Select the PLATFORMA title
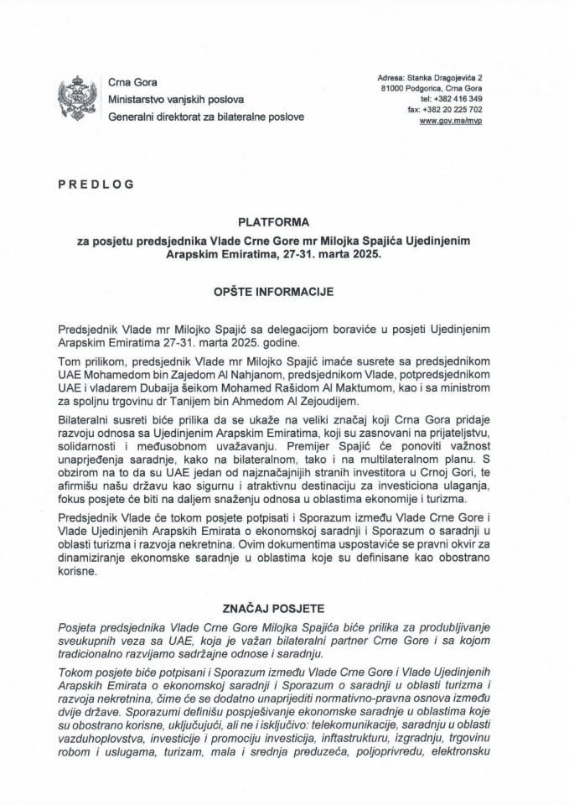(284, 222)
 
